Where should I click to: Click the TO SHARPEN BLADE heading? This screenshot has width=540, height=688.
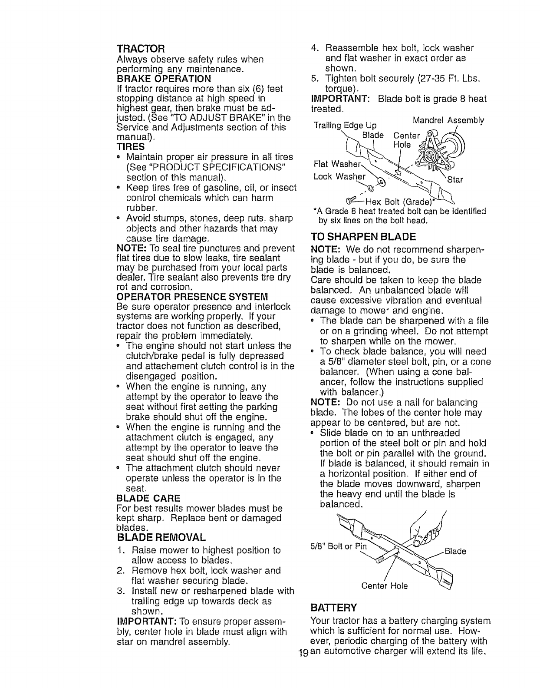click(363, 237)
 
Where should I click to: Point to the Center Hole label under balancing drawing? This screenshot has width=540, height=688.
click(385, 586)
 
